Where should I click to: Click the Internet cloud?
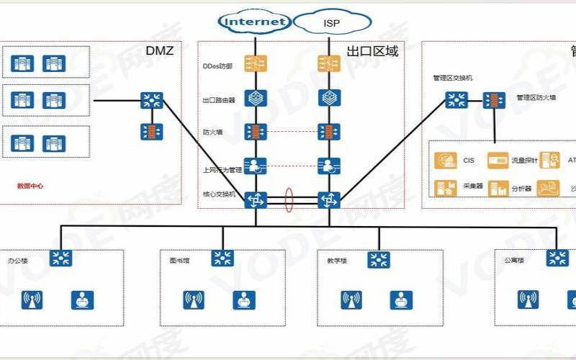coord(256,22)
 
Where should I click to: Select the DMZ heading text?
coord(160,51)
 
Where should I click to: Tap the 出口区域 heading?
coord(372,51)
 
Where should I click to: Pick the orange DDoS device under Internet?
coord(256,64)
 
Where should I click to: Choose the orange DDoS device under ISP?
coord(329,64)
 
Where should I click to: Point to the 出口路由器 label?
coord(219,100)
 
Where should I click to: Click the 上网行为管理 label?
coord(221,169)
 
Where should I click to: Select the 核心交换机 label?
coord(219,195)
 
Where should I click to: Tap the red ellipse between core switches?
coord(289,200)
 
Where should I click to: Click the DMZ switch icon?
coord(151,100)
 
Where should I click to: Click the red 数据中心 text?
coord(30,186)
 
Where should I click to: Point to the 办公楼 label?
coord(17,258)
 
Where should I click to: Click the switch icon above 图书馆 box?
coord(222,258)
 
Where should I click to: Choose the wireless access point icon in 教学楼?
coord(351,300)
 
